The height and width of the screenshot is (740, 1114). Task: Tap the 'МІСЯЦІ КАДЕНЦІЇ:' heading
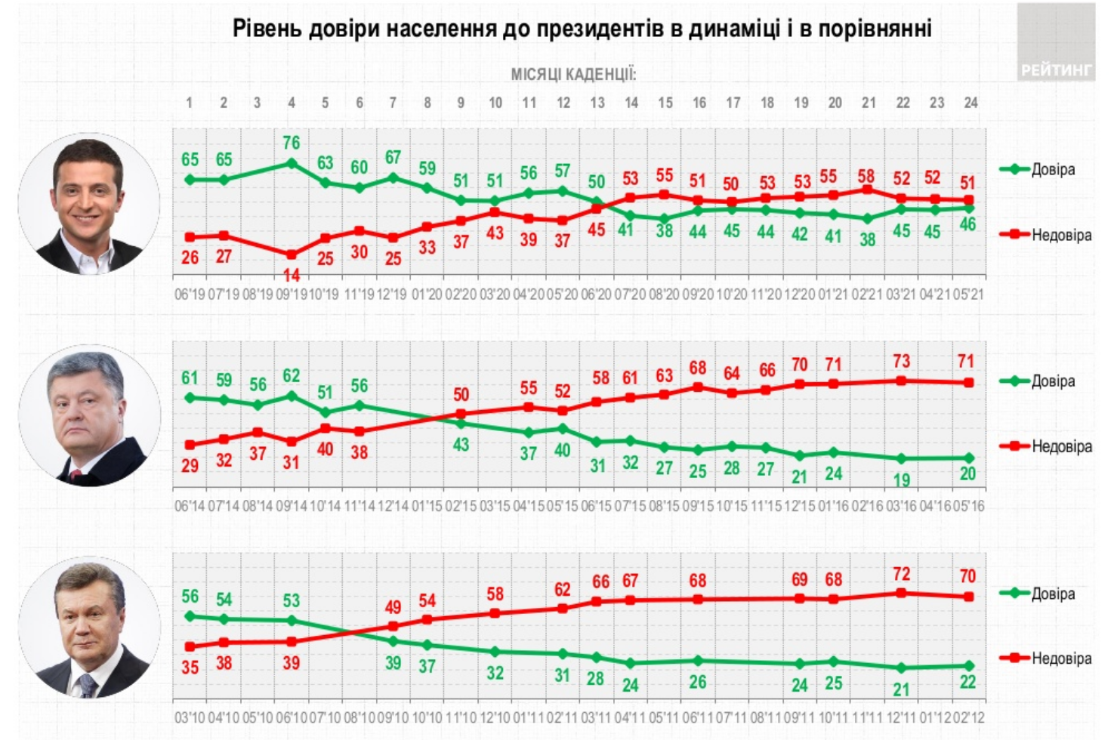(x=573, y=74)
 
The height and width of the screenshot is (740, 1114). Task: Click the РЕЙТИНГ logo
(x=1056, y=70)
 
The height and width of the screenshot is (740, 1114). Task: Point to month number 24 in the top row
(x=971, y=103)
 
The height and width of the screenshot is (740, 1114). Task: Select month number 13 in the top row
(x=597, y=103)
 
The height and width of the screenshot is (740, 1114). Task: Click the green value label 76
(x=292, y=143)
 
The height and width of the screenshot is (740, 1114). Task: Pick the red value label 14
(x=292, y=276)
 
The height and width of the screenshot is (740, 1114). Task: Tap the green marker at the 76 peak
(x=292, y=163)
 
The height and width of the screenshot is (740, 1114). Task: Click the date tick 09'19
(x=292, y=294)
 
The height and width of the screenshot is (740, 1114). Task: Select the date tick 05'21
(x=969, y=294)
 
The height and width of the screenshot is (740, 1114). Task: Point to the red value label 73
(x=901, y=362)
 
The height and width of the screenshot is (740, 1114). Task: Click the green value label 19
(x=901, y=479)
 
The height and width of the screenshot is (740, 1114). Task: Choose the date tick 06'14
(x=190, y=506)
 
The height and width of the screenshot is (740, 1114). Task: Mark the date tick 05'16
(x=969, y=506)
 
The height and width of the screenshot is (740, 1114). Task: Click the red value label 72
(x=901, y=575)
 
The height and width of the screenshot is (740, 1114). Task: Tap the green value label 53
(x=292, y=600)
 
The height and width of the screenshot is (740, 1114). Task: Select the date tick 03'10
(x=190, y=717)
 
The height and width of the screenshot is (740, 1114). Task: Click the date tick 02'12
(x=969, y=717)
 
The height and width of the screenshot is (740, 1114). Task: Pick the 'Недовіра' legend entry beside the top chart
(x=1061, y=235)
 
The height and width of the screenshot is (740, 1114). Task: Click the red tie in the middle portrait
(x=75, y=476)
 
